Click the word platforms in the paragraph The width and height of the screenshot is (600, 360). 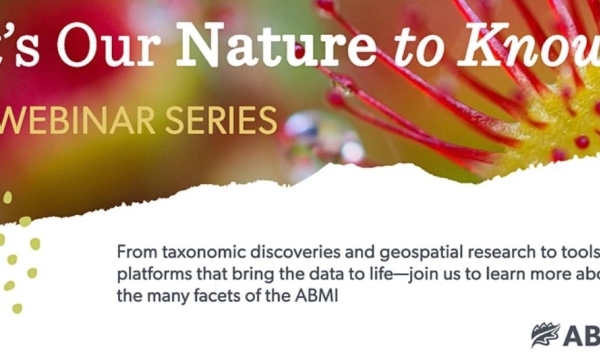[x=153, y=275]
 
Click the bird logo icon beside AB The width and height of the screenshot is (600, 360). [x=546, y=335]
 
